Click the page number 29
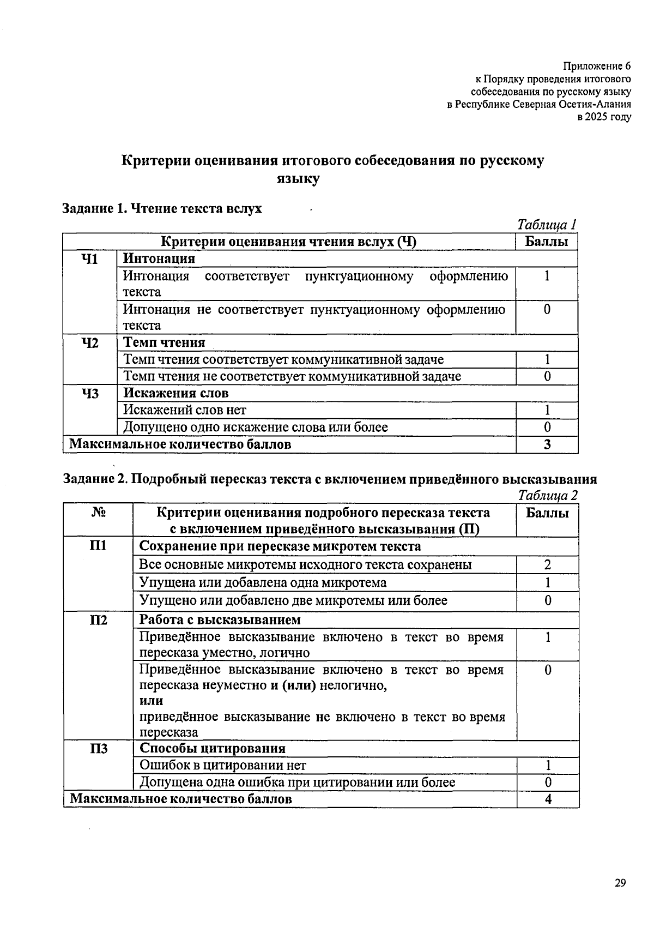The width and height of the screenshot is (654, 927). pyautogui.click(x=620, y=883)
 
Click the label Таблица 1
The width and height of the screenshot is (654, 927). pyautogui.click(x=547, y=225)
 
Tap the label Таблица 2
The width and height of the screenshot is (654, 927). pyautogui.click(x=548, y=495)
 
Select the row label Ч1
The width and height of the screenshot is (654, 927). pyautogui.click(x=89, y=259)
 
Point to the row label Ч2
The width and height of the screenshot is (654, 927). pyautogui.click(x=89, y=343)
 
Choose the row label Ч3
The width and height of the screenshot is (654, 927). pyautogui.click(x=89, y=393)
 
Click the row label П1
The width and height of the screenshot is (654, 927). pyautogui.click(x=98, y=546)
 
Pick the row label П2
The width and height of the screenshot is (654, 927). pyautogui.click(x=98, y=620)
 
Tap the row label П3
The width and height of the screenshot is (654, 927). pyautogui.click(x=98, y=749)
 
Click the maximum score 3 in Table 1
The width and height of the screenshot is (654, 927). pyautogui.click(x=547, y=444)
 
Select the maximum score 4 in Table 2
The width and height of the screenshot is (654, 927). pyautogui.click(x=548, y=799)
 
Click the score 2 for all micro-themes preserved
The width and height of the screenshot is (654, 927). pyautogui.click(x=547, y=565)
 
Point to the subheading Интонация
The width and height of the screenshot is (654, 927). pyautogui.click(x=159, y=258)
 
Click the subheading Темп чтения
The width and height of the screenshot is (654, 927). pyautogui.click(x=164, y=342)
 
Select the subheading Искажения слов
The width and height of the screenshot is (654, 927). pyautogui.click(x=175, y=393)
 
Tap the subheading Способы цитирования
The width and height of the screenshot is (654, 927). pyautogui.click(x=213, y=749)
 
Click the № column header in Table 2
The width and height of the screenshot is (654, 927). pyautogui.click(x=98, y=513)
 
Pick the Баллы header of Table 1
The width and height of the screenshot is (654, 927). pyautogui.click(x=547, y=242)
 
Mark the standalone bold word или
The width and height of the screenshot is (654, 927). pyautogui.click(x=151, y=701)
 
